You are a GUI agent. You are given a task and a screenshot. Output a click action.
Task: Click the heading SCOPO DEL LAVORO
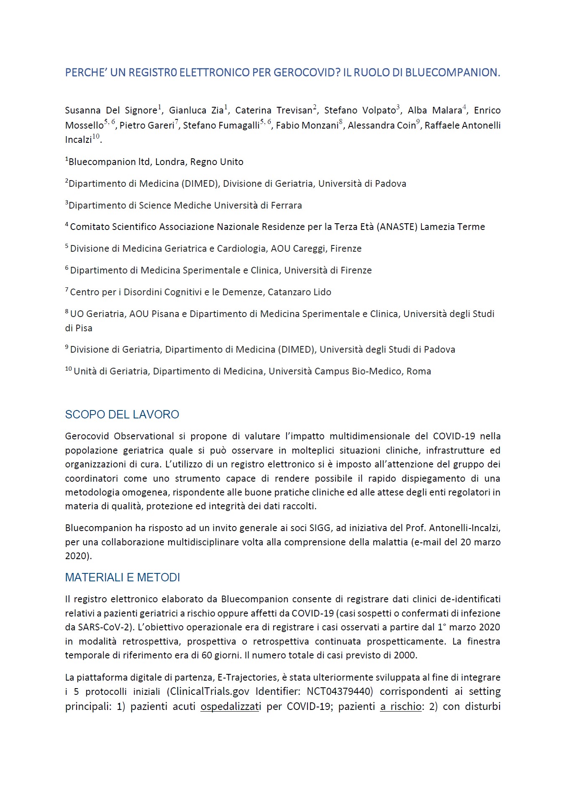[122, 415]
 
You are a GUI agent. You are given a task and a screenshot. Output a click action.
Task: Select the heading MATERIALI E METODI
[122, 578]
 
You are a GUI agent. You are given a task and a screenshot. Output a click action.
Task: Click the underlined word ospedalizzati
[231, 707]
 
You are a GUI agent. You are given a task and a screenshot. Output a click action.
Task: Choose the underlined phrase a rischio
[400, 707]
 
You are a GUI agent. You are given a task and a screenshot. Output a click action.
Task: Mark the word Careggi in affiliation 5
[309, 249]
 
